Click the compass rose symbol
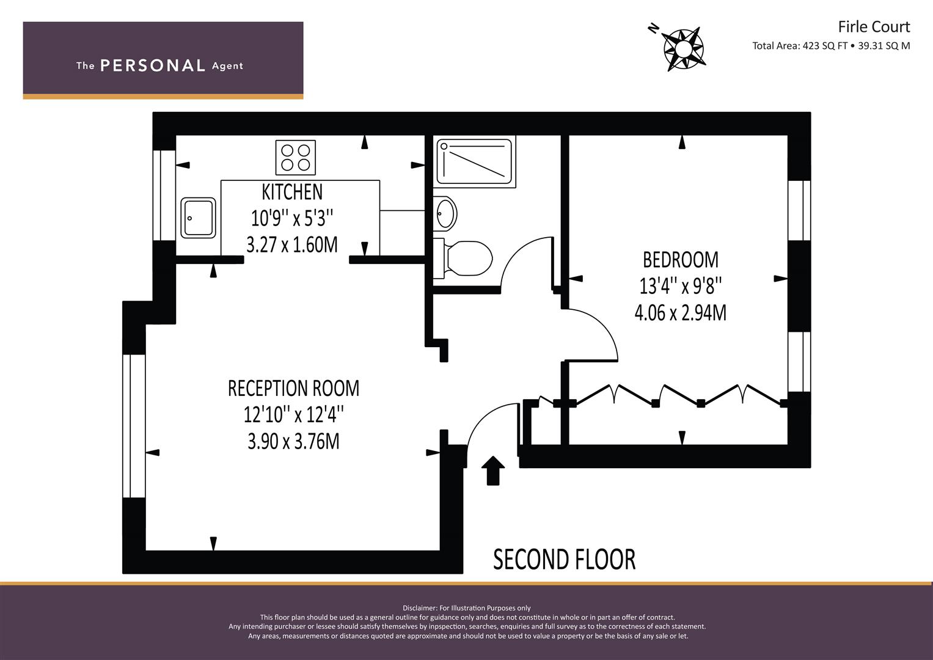click(683, 49)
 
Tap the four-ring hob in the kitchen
click(295, 158)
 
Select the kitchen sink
click(198, 218)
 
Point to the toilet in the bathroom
click(463, 258)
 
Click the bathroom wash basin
click(445, 213)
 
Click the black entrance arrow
click(492, 471)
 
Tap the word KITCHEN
click(292, 192)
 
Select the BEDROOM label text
click(681, 260)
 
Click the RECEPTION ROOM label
click(294, 388)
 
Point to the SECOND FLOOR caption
click(565, 559)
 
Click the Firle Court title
click(874, 27)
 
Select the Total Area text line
click(831, 46)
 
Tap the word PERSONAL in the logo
click(153, 65)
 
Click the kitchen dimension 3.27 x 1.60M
click(292, 245)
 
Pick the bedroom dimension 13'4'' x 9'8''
click(681, 286)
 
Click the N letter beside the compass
click(654, 28)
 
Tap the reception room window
click(134, 426)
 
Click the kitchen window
click(164, 195)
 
